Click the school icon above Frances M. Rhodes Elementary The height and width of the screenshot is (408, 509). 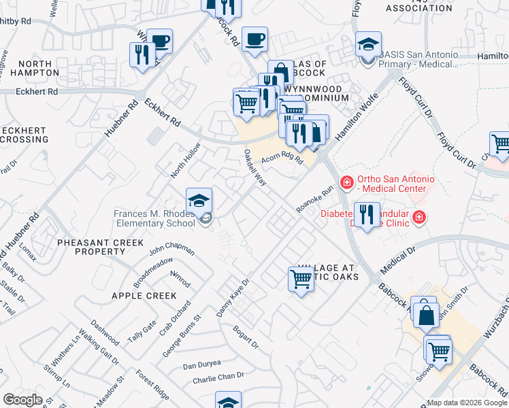199,201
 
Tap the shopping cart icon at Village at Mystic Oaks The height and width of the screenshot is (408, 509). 301,278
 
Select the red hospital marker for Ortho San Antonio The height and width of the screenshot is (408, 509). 347,182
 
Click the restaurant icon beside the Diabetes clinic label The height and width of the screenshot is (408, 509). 367,214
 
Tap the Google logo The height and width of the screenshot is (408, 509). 23,400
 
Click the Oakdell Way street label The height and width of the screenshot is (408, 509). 255,167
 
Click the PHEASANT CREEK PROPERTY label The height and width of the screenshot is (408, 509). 100,247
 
